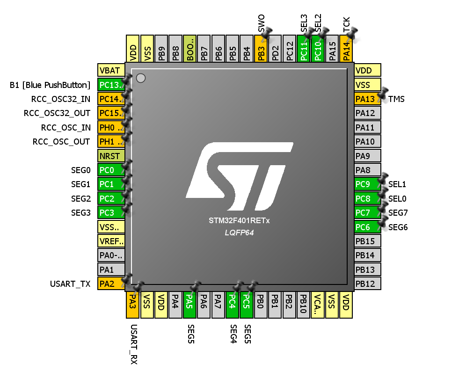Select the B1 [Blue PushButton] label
tap(50, 85)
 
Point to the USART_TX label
tap(70, 284)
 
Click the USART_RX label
tap(133, 344)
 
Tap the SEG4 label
tap(233, 334)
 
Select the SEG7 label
tap(398, 213)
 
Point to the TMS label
tap(396, 99)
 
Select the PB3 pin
tap(261, 49)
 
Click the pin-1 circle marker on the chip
tap(140, 78)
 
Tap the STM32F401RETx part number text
tap(239, 220)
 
